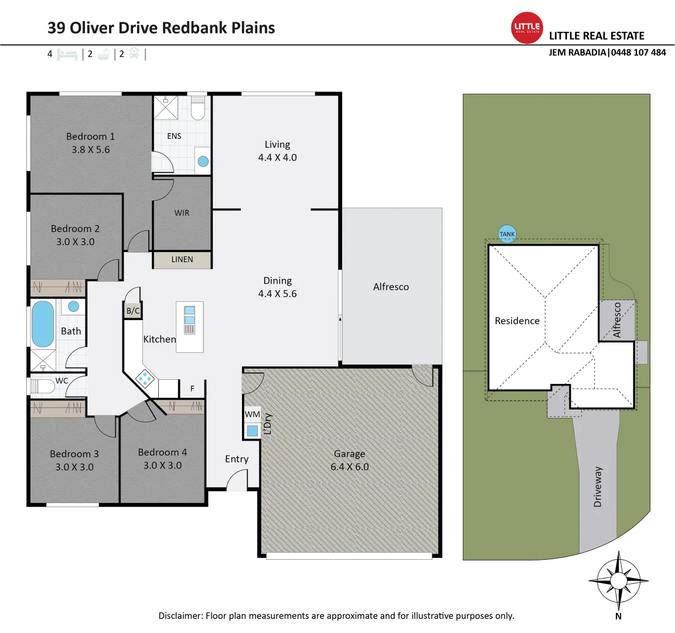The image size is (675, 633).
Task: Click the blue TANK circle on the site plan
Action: [x=507, y=234]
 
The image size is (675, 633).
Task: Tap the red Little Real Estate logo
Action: [x=527, y=28]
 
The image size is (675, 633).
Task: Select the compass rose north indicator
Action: [x=618, y=581]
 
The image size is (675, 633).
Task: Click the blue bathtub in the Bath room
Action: [x=42, y=324]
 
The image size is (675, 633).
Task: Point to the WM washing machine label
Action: [x=253, y=414]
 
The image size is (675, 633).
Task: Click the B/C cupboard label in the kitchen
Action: [x=133, y=311]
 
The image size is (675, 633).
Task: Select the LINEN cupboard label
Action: [x=182, y=259]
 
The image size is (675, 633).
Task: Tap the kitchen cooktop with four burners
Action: [x=145, y=379]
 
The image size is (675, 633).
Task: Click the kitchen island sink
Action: [x=189, y=320]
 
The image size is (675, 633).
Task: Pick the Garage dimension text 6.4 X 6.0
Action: [x=350, y=467]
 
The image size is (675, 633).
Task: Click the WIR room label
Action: [x=182, y=213]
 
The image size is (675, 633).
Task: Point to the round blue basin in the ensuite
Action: [x=203, y=161]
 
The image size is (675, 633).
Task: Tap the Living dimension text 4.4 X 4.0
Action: [x=277, y=157]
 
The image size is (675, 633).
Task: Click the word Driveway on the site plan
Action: [x=598, y=486]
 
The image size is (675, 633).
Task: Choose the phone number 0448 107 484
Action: [x=638, y=52]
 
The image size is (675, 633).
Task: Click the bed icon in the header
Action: [x=67, y=55]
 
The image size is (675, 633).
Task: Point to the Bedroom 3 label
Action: [x=74, y=454]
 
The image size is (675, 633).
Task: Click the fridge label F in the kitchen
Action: [x=192, y=389]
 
